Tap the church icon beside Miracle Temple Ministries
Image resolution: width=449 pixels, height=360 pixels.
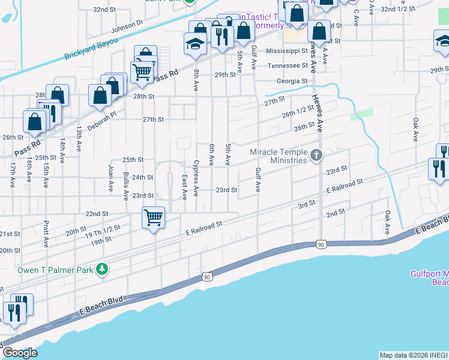point(316,157)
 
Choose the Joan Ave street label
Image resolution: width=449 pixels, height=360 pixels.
point(110,178)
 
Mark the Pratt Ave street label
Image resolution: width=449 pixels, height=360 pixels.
point(46,233)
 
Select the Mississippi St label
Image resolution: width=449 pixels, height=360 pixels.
point(287,52)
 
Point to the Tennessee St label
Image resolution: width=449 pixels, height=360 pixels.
point(288,66)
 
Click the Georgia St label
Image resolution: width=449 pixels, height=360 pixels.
point(292,81)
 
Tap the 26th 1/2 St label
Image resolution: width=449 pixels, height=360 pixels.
point(298,110)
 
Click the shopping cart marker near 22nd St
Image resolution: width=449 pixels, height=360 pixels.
point(154,217)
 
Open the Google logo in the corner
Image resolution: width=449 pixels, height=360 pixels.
point(20,352)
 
